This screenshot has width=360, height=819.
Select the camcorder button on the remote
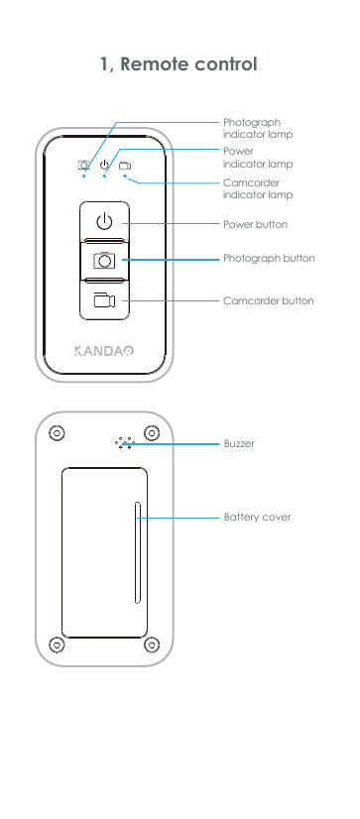pyautogui.click(x=104, y=300)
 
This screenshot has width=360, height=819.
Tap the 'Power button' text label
pyautogui.click(x=255, y=225)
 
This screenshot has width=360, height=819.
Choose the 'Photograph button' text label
pyautogui.click(x=269, y=259)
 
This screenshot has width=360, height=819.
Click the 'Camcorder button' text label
pyautogui.click(x=268, y=300)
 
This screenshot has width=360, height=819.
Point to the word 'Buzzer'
pyautogui.click(x=239, y=444)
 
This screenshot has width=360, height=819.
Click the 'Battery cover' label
pyautogui.click(x=257, y=518)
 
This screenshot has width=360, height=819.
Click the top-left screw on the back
pyautogui.click(x=58, y=433)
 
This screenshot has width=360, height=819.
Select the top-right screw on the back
pyautogui.click(x=152, y=433)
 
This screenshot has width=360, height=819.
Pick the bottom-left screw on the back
pyautogui.click(x=58, y=643)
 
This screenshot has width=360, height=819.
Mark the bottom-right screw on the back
pyautogui.click(x=152, y=643)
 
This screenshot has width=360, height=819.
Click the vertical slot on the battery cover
pyautogui.click(x=137, y=552)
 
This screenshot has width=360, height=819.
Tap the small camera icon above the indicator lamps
pyautogui.click(x=84, y=166)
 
